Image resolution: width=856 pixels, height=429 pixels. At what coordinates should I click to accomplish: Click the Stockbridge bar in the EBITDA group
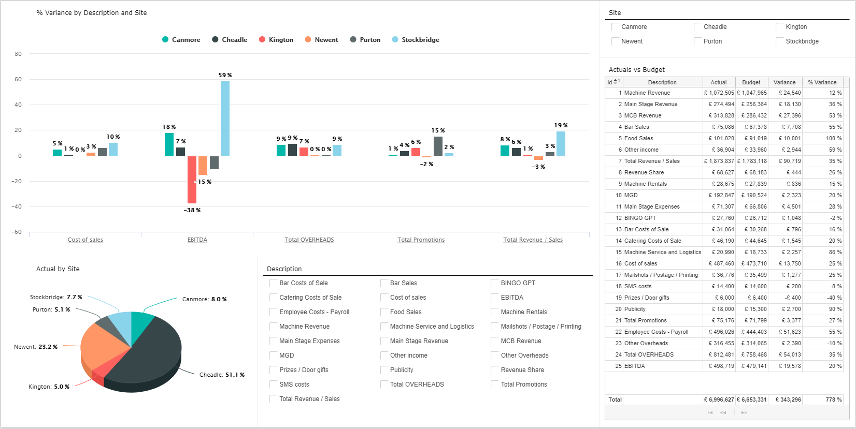point(225,119)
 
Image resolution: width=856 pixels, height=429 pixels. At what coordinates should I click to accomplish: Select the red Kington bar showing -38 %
point(192,180)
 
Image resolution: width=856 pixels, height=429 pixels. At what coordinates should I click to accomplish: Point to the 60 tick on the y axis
point(18,79)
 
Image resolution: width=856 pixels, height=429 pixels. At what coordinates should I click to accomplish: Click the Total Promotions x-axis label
point(421,240)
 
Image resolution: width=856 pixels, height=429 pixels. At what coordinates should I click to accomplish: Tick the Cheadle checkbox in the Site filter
point(697,27)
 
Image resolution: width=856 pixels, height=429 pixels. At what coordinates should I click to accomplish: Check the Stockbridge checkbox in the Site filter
point(780,41)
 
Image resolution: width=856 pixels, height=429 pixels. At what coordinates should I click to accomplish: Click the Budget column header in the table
point(751,82)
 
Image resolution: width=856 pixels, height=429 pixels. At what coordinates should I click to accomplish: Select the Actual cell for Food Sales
point(719,138)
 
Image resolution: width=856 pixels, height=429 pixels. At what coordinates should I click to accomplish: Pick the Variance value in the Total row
point(784,400)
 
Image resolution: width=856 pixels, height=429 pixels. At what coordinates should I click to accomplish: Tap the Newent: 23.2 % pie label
point(36,347)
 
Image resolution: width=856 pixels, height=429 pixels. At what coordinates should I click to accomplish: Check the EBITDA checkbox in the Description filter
point(495,298)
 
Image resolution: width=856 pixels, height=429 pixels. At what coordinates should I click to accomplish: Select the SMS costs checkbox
point(274,384)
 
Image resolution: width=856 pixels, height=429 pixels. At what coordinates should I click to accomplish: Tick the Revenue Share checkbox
point(495,370)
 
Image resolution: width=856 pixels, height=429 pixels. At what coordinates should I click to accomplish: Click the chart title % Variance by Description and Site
point(92,13)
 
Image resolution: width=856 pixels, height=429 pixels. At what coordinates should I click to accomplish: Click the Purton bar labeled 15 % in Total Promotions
point(438,146)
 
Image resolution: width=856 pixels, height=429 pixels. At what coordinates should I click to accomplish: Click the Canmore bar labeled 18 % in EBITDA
point(169,144)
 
